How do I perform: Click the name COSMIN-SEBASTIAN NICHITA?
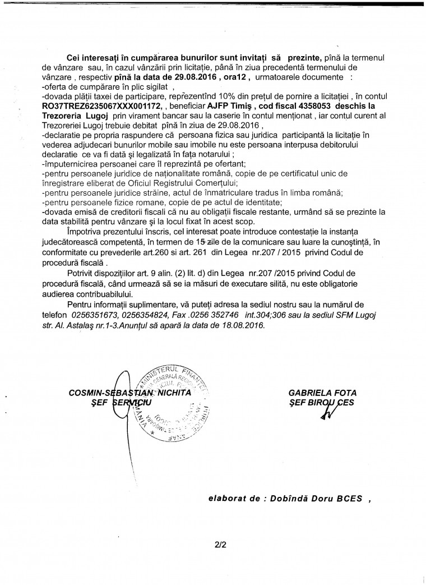129,393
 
